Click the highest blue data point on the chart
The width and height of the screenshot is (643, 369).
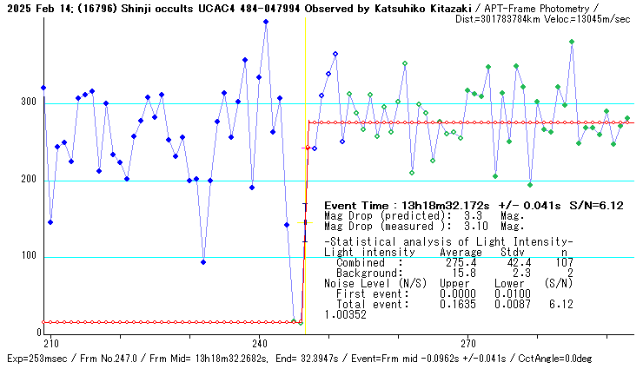(x=266, y=22)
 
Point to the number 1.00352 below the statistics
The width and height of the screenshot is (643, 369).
(x=345, y=314)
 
